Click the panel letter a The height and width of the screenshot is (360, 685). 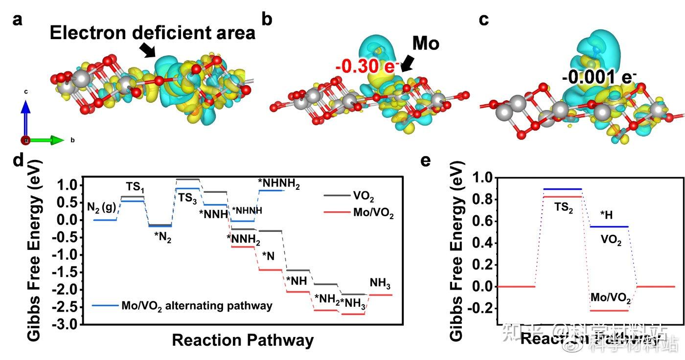pos(17,20)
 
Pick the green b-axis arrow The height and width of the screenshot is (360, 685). pos(49,140)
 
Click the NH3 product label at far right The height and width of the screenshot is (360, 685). pos(380,283)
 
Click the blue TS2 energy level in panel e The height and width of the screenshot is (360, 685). pos(563,189)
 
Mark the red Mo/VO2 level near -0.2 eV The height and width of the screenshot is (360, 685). pos(609,311)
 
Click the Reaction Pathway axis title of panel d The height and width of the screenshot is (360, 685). pos(242,339)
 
